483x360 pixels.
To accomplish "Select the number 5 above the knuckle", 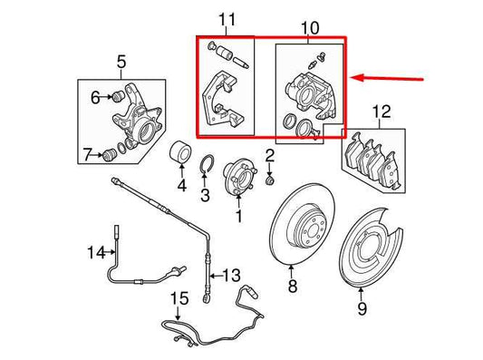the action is [x=122, y=63].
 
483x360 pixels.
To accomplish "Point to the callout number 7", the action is [x=88, y=155].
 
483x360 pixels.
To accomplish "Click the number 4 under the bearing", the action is [x=180, y=188].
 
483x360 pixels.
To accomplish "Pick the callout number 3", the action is [x=205, y=194].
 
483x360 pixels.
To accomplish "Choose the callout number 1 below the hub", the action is [x=238, y=218].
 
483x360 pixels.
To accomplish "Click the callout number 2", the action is [x=269, y=157].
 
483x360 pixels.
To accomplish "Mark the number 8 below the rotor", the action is [x=292, y=287].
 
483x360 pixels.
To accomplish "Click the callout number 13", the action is [x=232, y=275].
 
